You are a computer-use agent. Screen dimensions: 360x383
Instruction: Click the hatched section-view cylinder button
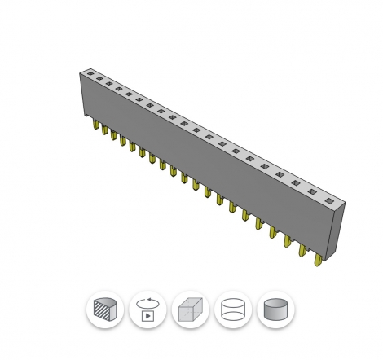[105, 310]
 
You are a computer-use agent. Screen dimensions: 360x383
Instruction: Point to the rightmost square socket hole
[329, 200]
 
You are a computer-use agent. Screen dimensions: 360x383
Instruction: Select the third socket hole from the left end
[108, 86]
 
